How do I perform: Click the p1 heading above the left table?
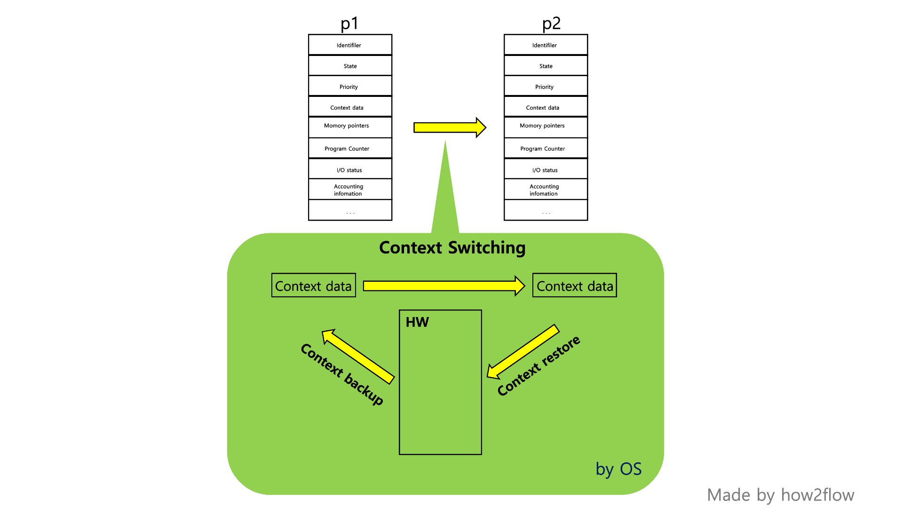[349, 24]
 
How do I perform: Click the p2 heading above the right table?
[551, 24]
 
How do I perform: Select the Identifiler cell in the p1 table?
[349, 45]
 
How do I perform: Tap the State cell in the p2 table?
[546, 66]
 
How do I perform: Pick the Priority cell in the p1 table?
[349, 87]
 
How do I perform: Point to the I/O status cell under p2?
[545, 170]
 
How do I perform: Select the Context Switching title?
[452, 248]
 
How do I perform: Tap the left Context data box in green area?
[313, 286]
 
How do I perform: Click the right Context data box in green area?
[574, 286]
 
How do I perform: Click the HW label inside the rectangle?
[417, 322]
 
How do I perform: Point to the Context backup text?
[342, 373]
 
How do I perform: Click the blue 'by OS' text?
[618, 469]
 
